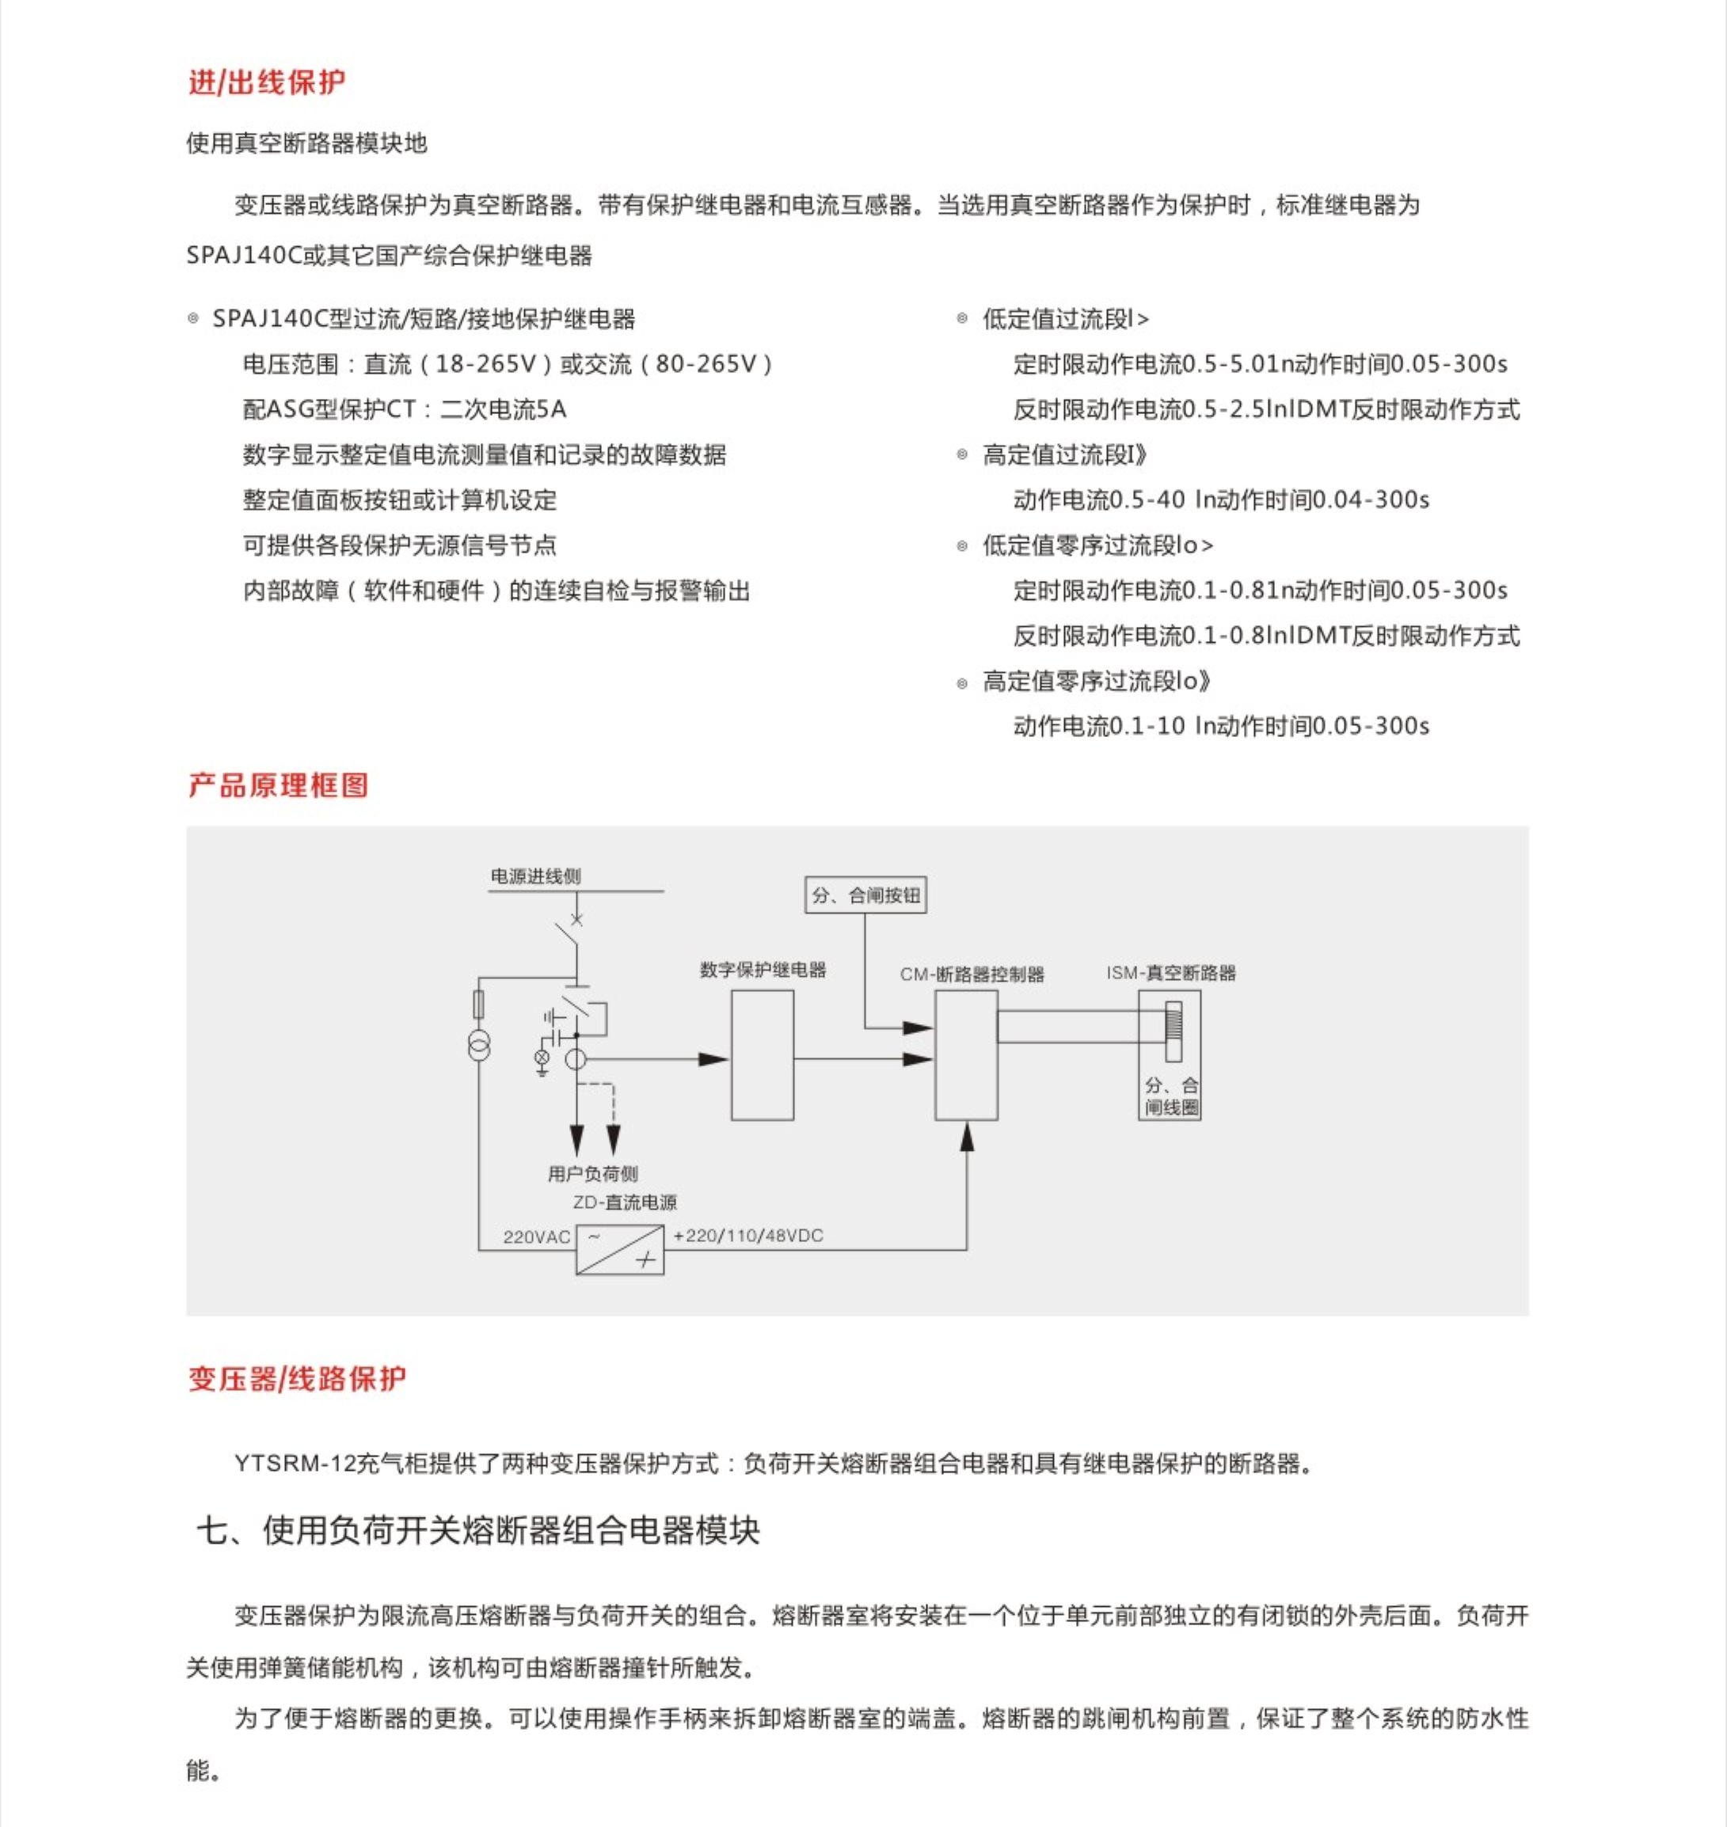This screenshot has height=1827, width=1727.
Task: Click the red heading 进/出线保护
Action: click(267, 83)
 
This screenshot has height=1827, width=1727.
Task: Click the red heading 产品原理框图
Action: click(278, 785)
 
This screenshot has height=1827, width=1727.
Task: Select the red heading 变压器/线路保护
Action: click(296, 1378)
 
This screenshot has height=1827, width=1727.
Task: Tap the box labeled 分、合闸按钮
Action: click(865, 895)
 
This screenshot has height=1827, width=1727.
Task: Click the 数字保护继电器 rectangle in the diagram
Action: click(763, 1054)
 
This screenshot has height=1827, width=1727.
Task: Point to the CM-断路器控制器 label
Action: click(972, 974)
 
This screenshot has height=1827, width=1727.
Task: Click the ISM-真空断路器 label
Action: click(1171, 973)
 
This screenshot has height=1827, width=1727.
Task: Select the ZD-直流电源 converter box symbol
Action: click(619, 1249)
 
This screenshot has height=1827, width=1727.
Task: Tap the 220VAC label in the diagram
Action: click(537, 1237)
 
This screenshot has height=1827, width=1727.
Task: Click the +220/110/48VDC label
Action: click(748, 1235)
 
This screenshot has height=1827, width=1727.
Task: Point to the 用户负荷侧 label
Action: click(593, 1173)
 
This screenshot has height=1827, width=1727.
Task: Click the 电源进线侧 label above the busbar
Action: click(536, 876)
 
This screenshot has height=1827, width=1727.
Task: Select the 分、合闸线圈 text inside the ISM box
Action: click(1171, 1096)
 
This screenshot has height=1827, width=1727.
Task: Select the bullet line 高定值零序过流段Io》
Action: click(1095, 681)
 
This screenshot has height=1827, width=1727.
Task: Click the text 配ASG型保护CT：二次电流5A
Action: click(404, 409)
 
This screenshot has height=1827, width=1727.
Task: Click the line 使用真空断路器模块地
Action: click(306, 143)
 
